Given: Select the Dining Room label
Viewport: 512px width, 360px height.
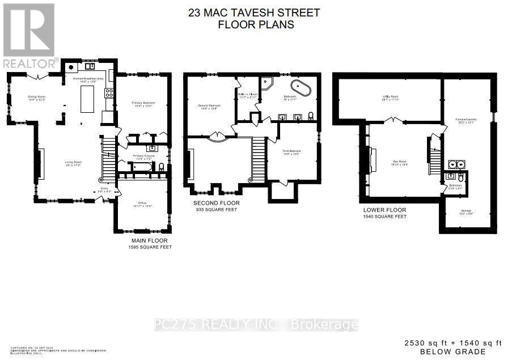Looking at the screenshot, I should (x=36, y=98).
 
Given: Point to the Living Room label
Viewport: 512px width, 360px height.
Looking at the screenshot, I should (x=73, y=163).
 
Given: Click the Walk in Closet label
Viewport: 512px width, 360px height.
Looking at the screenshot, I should (x=248, y=95).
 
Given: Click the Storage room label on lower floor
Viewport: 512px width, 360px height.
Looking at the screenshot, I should (x=466, y=211).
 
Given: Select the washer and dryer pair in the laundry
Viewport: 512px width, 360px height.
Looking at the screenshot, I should (x=458, y=165).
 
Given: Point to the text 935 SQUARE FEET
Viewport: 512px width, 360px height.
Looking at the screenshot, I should (x=217, y=209).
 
